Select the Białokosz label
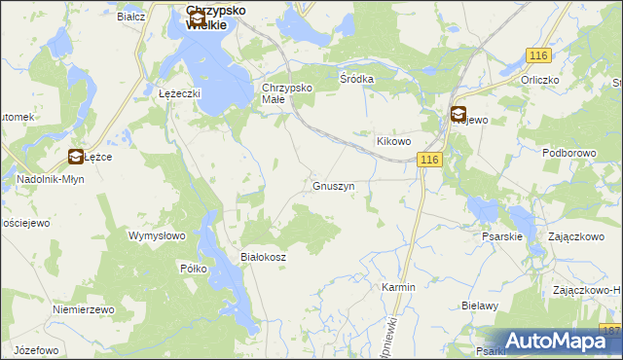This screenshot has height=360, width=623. click(262, 257)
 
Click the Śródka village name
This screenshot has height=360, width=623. click(356, 79)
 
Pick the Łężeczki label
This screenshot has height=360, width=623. click(179, 93)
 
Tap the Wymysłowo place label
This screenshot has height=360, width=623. click(157, 235)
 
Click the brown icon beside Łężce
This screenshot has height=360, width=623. click(75, 157)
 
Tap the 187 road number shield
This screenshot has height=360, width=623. click(611, 332)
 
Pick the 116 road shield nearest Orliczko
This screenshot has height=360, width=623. click(540, 57)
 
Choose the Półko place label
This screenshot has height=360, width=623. click(193, 269)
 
